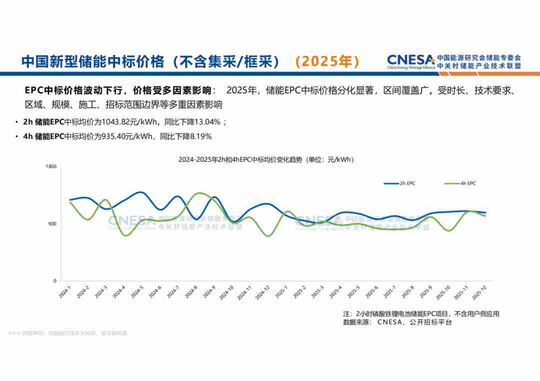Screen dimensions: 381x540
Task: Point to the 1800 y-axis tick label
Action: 51,166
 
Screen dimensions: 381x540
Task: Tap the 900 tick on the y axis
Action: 52,224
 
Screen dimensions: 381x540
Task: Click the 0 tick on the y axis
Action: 54,281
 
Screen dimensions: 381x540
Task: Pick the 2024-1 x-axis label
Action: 65,292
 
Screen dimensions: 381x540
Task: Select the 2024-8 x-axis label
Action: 191,292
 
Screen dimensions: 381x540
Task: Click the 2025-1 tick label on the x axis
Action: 281,292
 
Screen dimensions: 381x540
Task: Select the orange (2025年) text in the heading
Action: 327,61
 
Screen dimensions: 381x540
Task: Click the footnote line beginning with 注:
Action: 421,314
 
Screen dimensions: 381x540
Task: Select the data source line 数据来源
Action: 397,323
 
